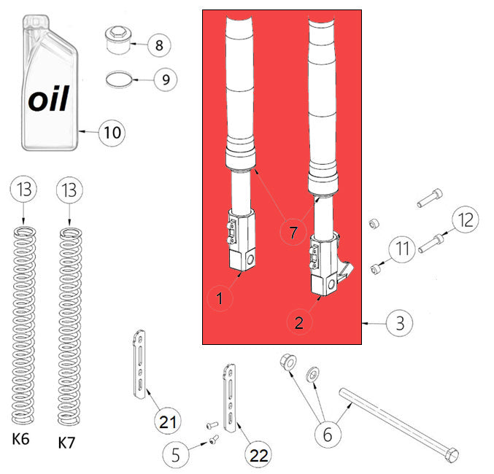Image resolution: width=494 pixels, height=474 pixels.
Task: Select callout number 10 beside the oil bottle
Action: (x=112, y=133)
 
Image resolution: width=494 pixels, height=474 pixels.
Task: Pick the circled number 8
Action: (x=159, y=45)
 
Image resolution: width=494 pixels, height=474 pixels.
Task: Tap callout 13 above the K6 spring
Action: (x=23, y=191)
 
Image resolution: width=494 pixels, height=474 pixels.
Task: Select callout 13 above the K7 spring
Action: (x=69, y=191)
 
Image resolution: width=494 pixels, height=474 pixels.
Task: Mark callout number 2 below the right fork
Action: (x=300, y=321)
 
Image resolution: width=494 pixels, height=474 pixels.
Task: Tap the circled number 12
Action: (x=464, y=219)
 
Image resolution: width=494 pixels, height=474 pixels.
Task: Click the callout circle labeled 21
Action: (x=168, y=421)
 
